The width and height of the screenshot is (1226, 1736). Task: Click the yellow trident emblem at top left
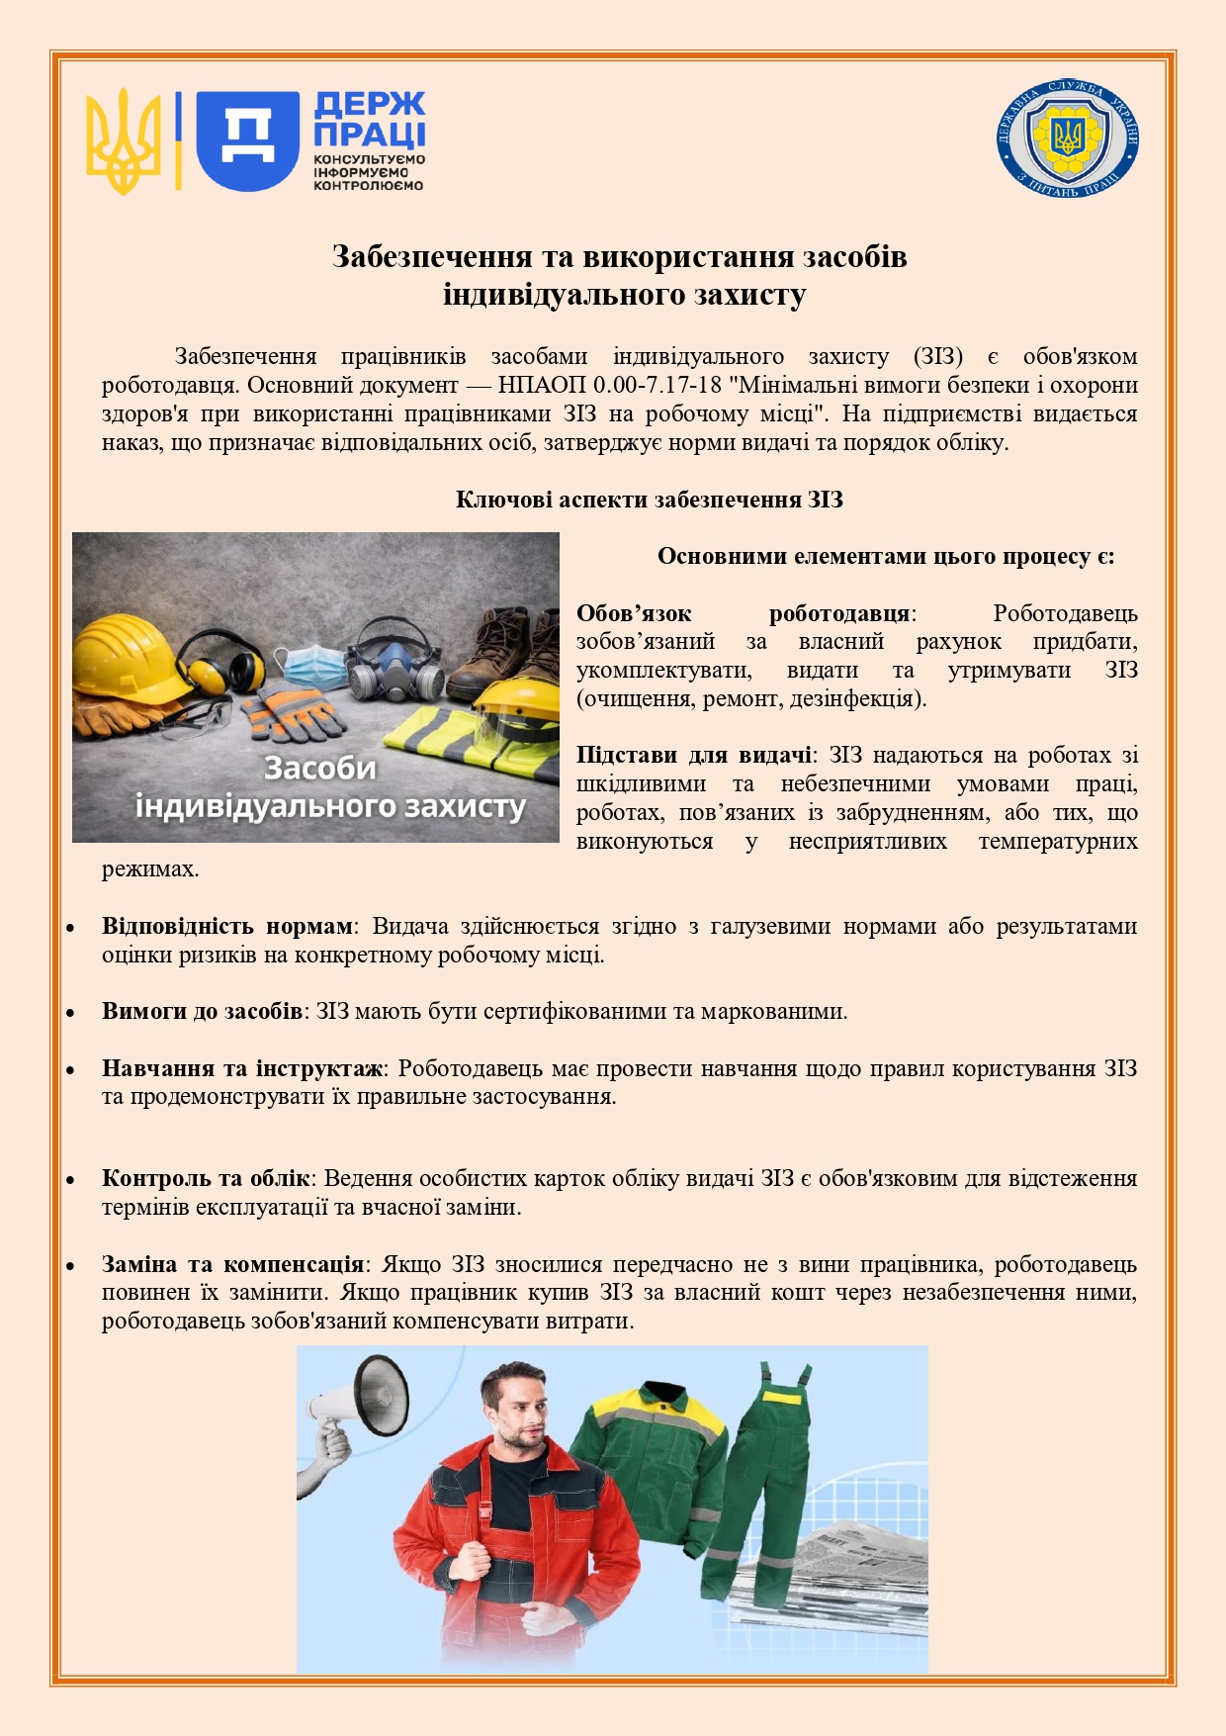123,140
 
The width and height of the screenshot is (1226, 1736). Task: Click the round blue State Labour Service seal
1068,137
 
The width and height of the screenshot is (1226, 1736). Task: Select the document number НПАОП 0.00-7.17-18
609,385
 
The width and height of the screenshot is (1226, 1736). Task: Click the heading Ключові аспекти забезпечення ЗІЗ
649,500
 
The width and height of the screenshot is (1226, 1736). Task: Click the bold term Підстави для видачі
694,756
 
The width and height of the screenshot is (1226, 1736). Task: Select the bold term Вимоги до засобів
202,1011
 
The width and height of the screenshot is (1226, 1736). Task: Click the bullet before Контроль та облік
71,1180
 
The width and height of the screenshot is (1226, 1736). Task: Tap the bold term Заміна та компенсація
232,1264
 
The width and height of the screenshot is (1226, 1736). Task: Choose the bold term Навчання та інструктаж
242,1068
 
